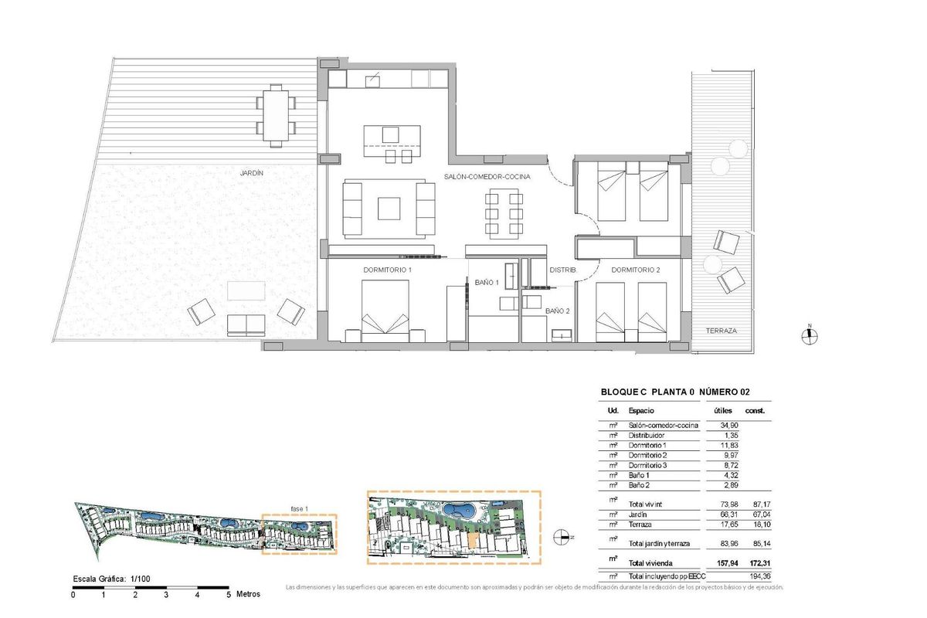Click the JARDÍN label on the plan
coord(251,174)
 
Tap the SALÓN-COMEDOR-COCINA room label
coord(487,178)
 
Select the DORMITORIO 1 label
coord(387,270)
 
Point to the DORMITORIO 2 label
coord(635,270)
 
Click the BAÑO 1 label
coord(487,283)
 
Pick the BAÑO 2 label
coord(557,311)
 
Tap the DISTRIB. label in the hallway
coord(563,270)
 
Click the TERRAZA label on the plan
coord(721,331)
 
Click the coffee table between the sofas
coord(389,209)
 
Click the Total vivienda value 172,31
coord(756,562)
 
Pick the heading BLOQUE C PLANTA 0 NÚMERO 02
coord(675,392)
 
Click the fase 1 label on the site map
coord(299,509)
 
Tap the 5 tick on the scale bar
coord(229,595)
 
